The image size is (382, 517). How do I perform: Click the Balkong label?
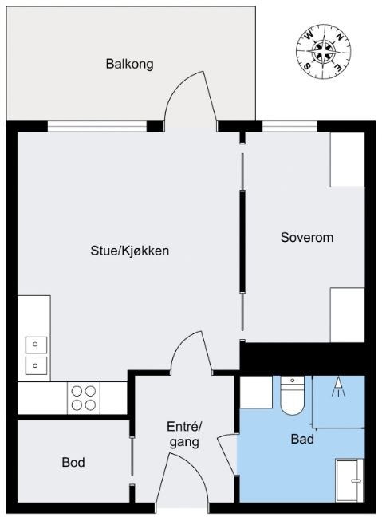pos(129,64)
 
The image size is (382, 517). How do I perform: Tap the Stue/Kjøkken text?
pos(129,251)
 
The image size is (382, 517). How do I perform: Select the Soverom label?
pos(306,238)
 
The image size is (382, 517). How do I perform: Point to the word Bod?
pos(73,462)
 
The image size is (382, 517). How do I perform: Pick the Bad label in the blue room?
pos(301,439)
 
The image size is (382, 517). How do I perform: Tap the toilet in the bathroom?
pos(292,395)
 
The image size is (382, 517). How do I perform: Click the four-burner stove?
pos(85,397)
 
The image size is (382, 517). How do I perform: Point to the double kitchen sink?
pos(36,355)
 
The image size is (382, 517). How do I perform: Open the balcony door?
pos(190,102)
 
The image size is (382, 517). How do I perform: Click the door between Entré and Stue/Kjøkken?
pos(191,355)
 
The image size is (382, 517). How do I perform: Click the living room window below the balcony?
pos(96,125)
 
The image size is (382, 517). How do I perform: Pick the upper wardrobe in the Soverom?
pos(347,160)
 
